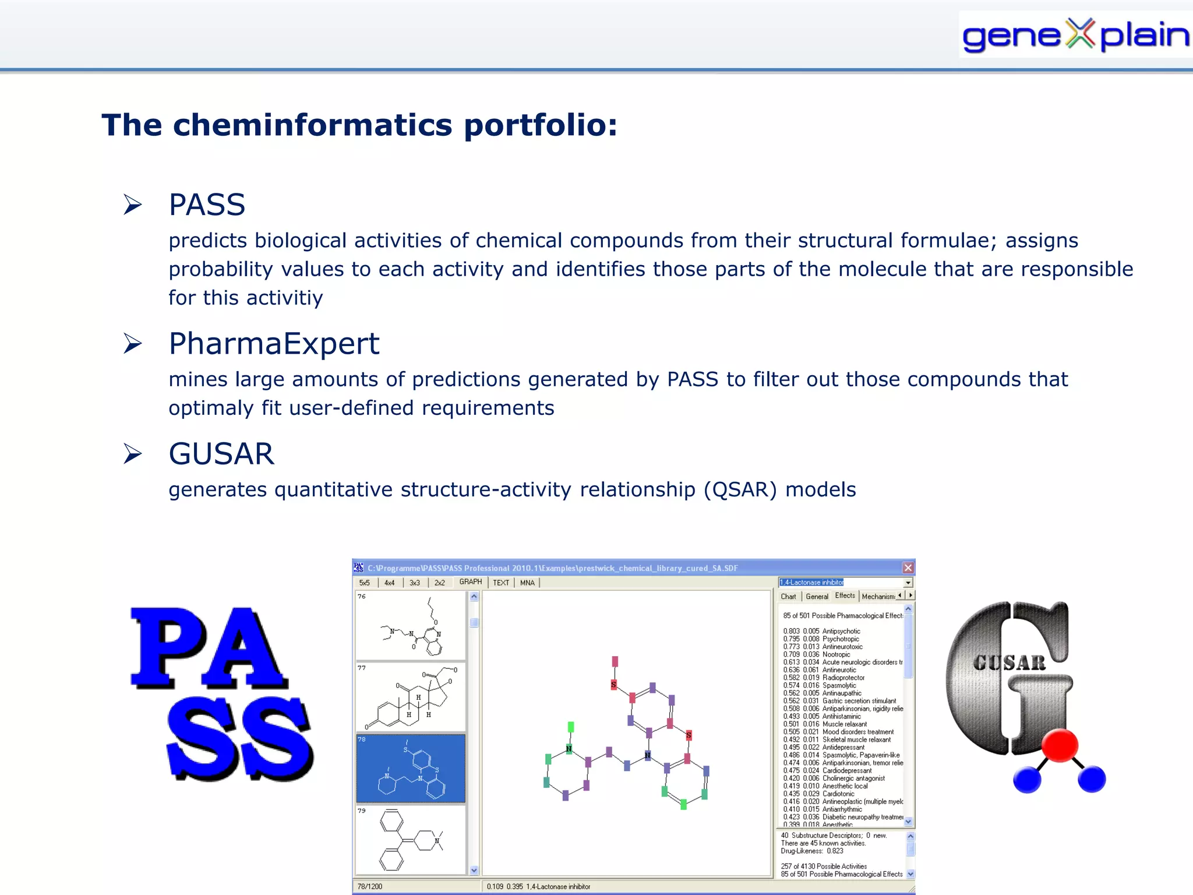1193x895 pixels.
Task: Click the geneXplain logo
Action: coord(1075,35)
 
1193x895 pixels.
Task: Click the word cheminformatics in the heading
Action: coord(312,125)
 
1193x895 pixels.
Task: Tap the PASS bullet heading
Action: coord(207,205)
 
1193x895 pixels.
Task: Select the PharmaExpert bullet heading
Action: coord(274,344)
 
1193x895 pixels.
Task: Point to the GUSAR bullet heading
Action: coord(221,454)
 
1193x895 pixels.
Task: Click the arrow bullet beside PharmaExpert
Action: coord(133,343)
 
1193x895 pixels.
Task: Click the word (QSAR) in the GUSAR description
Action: coord(740,490)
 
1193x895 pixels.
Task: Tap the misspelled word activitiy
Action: coord(284,298)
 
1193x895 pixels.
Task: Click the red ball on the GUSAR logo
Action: coord(1060,745)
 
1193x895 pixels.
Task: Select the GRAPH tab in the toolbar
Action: coord(470,582)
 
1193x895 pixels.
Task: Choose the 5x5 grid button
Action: coord(365,583)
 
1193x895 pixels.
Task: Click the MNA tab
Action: coord(527,583)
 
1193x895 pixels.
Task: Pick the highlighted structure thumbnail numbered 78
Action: coord(411,769)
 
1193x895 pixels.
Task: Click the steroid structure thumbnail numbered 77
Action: coord(411,697)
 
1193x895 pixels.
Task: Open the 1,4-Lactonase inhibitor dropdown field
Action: coord(845,582)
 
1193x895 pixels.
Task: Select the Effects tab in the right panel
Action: coord(845,596)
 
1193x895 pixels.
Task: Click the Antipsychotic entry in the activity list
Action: coord(841,631)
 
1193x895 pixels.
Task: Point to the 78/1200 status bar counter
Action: coord(370,887)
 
